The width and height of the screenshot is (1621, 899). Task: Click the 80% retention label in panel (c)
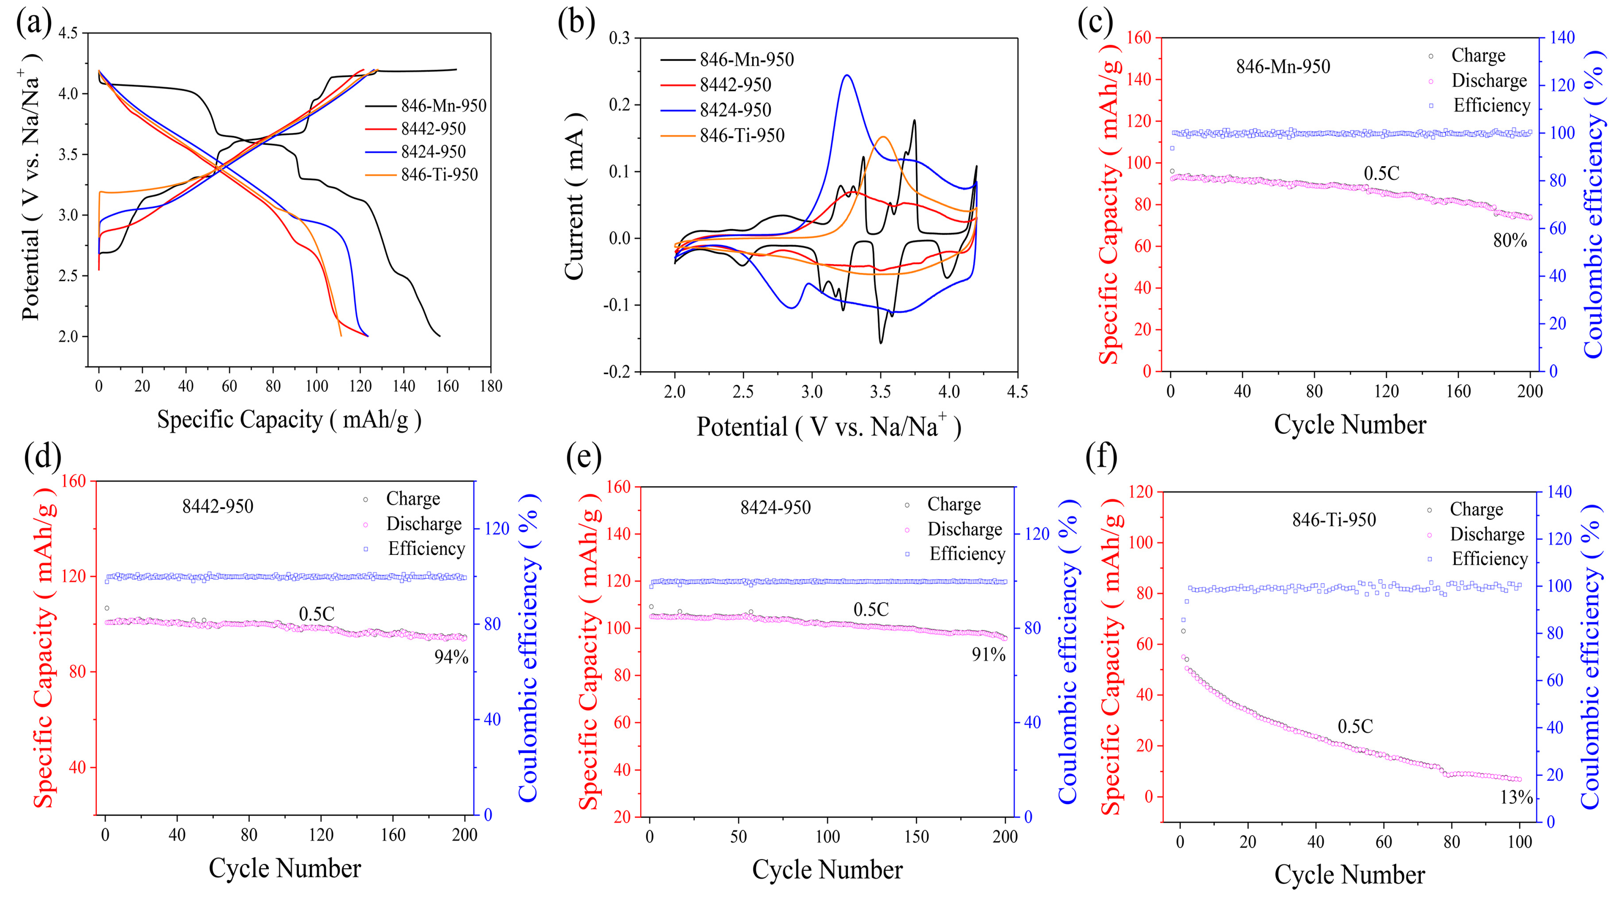pos(1510,240)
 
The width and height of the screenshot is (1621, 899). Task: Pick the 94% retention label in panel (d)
pos(451,657)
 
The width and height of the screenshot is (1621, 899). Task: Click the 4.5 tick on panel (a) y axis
pos(72,33)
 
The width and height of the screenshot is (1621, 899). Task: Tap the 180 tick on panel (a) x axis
pos(491,386)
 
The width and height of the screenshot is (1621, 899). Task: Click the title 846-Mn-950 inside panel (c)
pos(1283,67)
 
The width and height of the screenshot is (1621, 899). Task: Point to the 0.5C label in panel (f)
pos(1355,727)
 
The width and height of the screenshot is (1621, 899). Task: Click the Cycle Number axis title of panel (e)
pos(827,870)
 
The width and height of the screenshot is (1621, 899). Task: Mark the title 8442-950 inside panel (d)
pos(218,506)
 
